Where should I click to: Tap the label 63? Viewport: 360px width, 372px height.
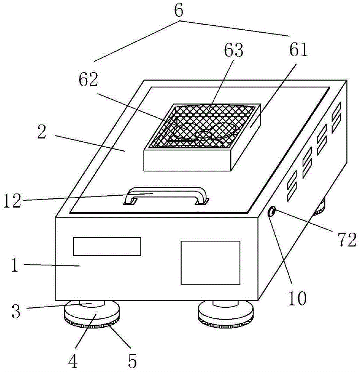[233, 50]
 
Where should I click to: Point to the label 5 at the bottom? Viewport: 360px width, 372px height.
[133, 360]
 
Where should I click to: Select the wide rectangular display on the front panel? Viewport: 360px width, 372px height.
[107, 246]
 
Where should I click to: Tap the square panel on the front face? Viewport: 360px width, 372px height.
[210, 262]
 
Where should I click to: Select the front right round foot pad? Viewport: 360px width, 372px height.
[226, 314]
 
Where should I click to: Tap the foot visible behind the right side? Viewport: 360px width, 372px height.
[320, 208]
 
